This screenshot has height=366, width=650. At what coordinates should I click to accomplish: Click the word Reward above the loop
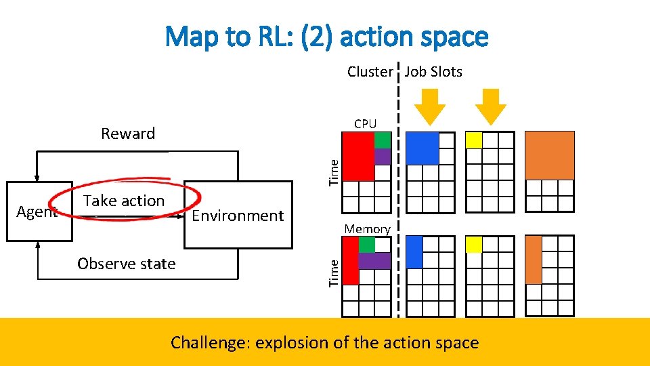pyautogui.click(x=128, y=134)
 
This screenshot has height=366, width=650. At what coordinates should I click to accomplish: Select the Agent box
pyautogui.click(x=39, y=211)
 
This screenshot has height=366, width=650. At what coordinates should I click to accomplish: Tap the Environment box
pyautogui.click(x=238, y=216)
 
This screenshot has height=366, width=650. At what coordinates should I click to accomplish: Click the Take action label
pyautogui.click(x=124, y=201)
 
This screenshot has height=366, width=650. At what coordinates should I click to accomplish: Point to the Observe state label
pyautogui.click(x=127, y=264)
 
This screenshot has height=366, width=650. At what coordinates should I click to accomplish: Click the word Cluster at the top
pyautogui.click(x=370, y=72)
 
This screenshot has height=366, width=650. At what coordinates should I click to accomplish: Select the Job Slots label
pyautogui.click(x=433, y=72)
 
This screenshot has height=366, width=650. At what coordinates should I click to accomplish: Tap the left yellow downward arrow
pyautogui.click(x=429, y=105)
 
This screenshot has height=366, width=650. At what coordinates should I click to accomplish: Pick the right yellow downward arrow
pyautogui.click(x=490, y=105)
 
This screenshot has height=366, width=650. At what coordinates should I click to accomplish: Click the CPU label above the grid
pyautogui.click(x=365, y=123)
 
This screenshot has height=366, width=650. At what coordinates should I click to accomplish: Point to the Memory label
pyautogui.click(x=367, y=229)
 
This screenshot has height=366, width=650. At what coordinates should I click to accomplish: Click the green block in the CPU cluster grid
pyautogui.click(x=383, y=140)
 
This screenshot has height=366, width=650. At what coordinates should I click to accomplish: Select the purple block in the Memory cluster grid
pyautogui.click(x=374, y=260)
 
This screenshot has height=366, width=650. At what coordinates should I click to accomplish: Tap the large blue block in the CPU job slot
pyautogui.click(x=422, y=148)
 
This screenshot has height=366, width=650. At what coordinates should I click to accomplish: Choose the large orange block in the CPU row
pyautogui.click(x=549, y=155)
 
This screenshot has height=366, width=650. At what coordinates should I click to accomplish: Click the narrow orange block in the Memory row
pyautogui.click(x=534, y=260)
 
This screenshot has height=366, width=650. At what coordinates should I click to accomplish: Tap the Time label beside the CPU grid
pyautogui.click(x=333, y=171)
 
